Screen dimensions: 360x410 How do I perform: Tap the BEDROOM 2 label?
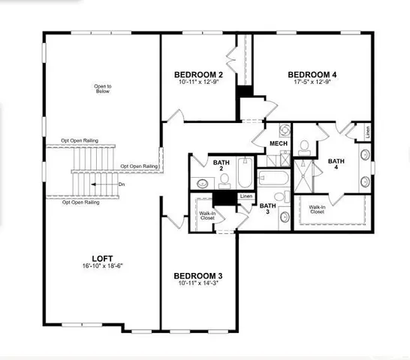[x=199, y=74]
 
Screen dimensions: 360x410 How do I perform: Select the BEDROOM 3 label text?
[x=199, y=275]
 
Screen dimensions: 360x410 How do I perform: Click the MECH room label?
[x=279, y=143]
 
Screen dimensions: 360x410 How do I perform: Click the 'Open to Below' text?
[x=103, y=90]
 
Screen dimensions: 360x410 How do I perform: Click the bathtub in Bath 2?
[x=246, y=175]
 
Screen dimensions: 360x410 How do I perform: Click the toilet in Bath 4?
[x=306, y=145]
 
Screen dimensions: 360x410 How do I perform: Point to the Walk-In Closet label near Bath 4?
[x=317, y=209]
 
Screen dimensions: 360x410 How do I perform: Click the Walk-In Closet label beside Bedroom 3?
[x=207, y=215]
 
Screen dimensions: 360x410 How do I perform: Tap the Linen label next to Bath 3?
[x=246, y=196]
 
